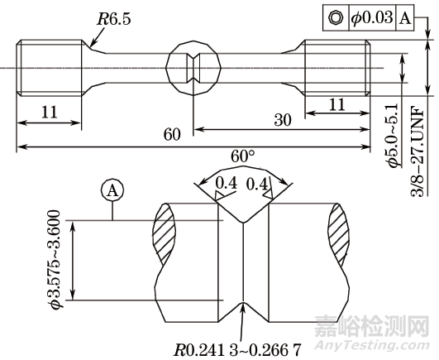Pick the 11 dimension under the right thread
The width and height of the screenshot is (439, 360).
[x=336, y=106]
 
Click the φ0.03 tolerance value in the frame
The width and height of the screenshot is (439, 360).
[x=370, y=17]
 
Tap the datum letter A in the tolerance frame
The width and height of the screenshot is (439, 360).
[x=404, y=17]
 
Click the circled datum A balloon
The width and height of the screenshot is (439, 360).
[x=112, y=190]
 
